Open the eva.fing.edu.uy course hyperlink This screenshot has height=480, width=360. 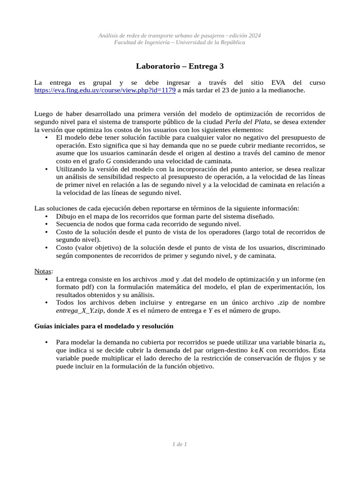coord(105,90)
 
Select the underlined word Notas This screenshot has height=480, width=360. coord(43,271)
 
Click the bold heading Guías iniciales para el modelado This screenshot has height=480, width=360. coord(104,326)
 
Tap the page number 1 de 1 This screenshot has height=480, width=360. coord(180,444)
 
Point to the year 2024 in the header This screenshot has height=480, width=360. coord(254,36)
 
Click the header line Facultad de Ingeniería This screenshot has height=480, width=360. coord(180,43)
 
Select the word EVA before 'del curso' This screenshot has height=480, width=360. coord(278,82)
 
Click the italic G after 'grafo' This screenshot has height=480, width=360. coord(108,160)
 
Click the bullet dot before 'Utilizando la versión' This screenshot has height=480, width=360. coord(46,168)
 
